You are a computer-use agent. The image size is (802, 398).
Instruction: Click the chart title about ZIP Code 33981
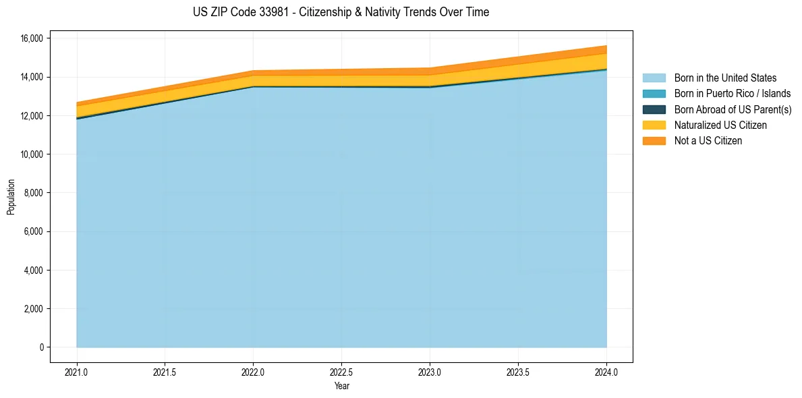(340, 12)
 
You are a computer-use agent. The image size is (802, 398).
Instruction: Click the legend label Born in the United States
(725, 78)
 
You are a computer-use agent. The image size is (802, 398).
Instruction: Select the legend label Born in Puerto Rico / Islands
(733, 94)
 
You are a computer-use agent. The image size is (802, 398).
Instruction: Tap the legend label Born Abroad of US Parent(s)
(733, 109)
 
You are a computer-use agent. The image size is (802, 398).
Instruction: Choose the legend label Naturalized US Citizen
(720, 125)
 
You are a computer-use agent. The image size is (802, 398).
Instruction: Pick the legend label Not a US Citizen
(708, 140)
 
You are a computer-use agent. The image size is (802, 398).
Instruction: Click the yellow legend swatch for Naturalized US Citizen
(654, 125)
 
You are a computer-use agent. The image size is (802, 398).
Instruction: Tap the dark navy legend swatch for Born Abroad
(654, 109)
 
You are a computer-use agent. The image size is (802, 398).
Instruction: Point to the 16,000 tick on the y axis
(31, 38)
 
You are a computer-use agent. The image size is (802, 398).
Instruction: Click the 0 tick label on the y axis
(41, 347)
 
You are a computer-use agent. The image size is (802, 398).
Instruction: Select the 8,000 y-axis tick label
(33, 193)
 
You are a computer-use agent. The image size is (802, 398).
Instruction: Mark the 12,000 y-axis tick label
(31, 116)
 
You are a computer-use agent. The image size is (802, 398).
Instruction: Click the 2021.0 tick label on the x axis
(77, 371)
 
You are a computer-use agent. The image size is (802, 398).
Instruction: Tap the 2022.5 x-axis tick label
(341, 371)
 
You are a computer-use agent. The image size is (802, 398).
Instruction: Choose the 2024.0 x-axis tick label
(606, 371)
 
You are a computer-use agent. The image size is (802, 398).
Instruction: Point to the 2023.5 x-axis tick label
(518, 371)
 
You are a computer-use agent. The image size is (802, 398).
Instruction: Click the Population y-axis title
(11, 197)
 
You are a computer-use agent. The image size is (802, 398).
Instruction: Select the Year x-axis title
(341, 386)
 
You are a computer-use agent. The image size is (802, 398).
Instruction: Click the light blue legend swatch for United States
(654, 78)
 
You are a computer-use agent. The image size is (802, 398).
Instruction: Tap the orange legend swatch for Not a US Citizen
(654, 140)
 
